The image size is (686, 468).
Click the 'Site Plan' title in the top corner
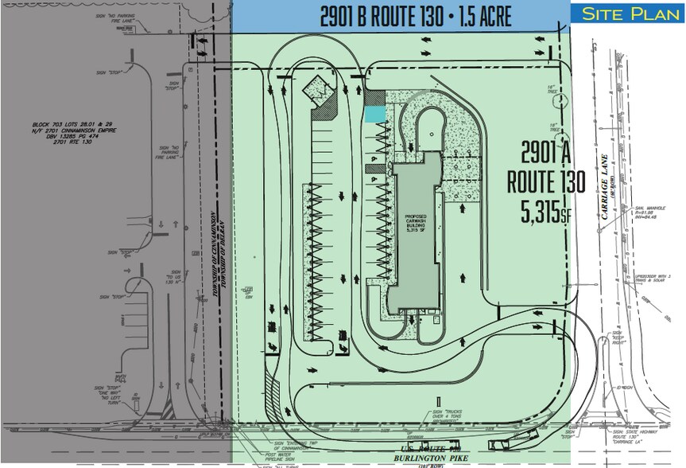pos(627,13)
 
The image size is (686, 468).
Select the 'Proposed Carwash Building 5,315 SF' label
pos(417,222)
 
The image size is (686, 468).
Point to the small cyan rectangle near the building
pos(374,114)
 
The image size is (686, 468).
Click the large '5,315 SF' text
pos(547,211)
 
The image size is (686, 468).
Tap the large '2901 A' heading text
pos(548,154)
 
